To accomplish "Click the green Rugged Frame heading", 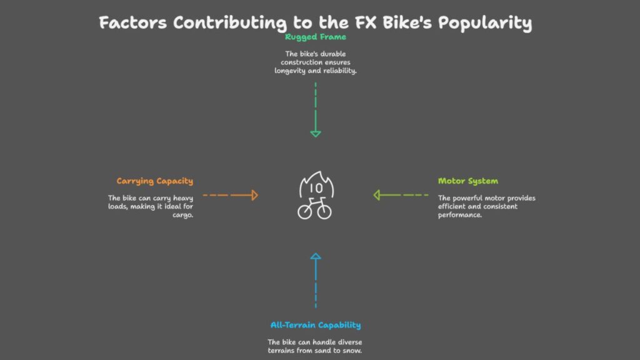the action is click(316, 37).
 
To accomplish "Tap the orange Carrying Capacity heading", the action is click(155, 181).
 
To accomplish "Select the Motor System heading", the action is click(468, 181).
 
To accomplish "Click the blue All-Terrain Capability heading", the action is click(316, 325).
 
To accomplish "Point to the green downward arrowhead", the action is click(316, 134).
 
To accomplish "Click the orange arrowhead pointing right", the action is click(255, 195).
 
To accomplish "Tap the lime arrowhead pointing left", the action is click(377, 195).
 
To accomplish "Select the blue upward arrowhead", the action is click(316, 256).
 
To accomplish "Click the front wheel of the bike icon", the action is click(324, 212).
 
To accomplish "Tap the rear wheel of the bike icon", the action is click(304, 212).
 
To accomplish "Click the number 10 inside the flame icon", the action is click(316, 188).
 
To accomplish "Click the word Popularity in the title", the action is click(485, 23).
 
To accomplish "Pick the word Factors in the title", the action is click(133, 22).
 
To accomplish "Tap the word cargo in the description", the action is click(182, 215).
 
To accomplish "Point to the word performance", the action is click(460, 215).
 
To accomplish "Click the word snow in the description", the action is click(353, 351).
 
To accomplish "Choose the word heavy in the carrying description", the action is click(183, 198).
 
